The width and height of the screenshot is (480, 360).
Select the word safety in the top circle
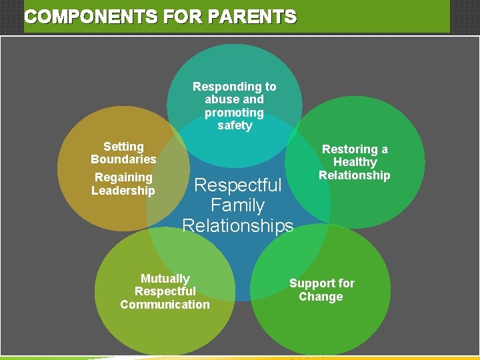pyautogui.click(x=235, y=125)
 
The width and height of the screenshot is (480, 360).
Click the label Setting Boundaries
pyautogui.click(x=123, y=153)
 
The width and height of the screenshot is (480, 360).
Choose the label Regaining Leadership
pyautogui.click(x=123, y=184)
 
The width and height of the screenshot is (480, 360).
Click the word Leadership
pyautogui.click(x=123, y=191)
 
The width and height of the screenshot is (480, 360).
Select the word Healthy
pyautogui.click(x=355, y=162)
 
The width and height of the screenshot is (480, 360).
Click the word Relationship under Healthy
pyautogui.click(x=355, y=175)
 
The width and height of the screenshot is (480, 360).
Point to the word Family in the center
pyautogui.click(x=237, y=205)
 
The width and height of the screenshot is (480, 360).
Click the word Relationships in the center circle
pyautogui.click(x=237, y=226)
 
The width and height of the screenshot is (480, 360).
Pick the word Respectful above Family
pyautogui.click(x=237, y=185)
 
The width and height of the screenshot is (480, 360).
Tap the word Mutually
pyautogui.click(x=165, y=279)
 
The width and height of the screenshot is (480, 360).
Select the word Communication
pyautogui.click(x=165, y=305)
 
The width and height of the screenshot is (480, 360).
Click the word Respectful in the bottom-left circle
pyautogui.click(x=165, y=291)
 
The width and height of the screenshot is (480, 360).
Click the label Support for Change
pyautogui.click(x=321, y=290)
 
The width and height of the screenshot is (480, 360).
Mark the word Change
pyautogui.click(x=321, y=297)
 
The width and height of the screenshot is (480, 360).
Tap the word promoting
pyautogui.click(x=234, y=113)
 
